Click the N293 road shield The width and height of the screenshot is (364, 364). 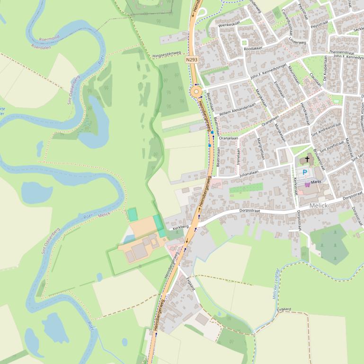(191, 60)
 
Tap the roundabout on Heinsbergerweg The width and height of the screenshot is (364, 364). (196, 92)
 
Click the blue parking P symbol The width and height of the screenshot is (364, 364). (305, 172)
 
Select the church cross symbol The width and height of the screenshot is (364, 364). (307, 160)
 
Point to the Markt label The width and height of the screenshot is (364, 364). (316, 182)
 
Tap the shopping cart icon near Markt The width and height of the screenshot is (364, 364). (307, 184)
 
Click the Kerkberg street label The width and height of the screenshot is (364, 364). (181, 227)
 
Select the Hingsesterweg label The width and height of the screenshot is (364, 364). (167, 55)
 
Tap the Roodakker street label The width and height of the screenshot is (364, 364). (253, 48)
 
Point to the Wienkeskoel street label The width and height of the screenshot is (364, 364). (230, 23)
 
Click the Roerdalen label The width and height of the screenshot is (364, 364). (41, 47)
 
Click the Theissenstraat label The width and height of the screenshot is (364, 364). (342, 52)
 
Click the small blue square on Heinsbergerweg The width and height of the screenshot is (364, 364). (209, 146)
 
